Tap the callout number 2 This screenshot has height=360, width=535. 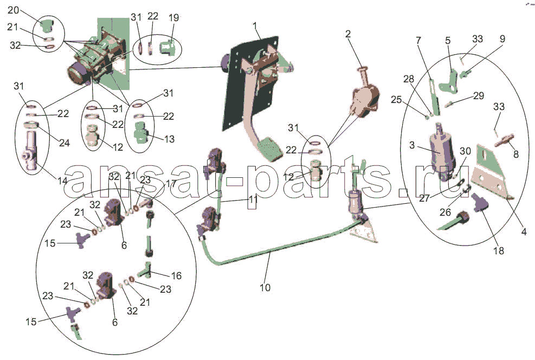click(x=348, y=34)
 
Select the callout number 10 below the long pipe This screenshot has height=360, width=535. click(x=265, y=288)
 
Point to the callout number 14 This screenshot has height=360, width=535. click(x=62, y=181)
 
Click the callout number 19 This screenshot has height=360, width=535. click(x=173, y=18)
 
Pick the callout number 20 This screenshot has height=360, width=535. click(x=13, y=10)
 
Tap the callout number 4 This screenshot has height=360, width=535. click(x=524, y=232)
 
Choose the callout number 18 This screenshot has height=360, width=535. click(x=499, y=251)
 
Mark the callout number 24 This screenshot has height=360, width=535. click(x=65, y=143)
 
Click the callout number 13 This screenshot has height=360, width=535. click(x=169, y=139)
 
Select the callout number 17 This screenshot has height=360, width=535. click(x=171, y=184)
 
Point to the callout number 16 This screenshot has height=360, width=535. click(x=176, y=276)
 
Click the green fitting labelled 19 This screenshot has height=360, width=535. click(x=167, y=47)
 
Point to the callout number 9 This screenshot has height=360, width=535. click(x=502, y=38)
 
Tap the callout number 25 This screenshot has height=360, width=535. click(x=396, y=100)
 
